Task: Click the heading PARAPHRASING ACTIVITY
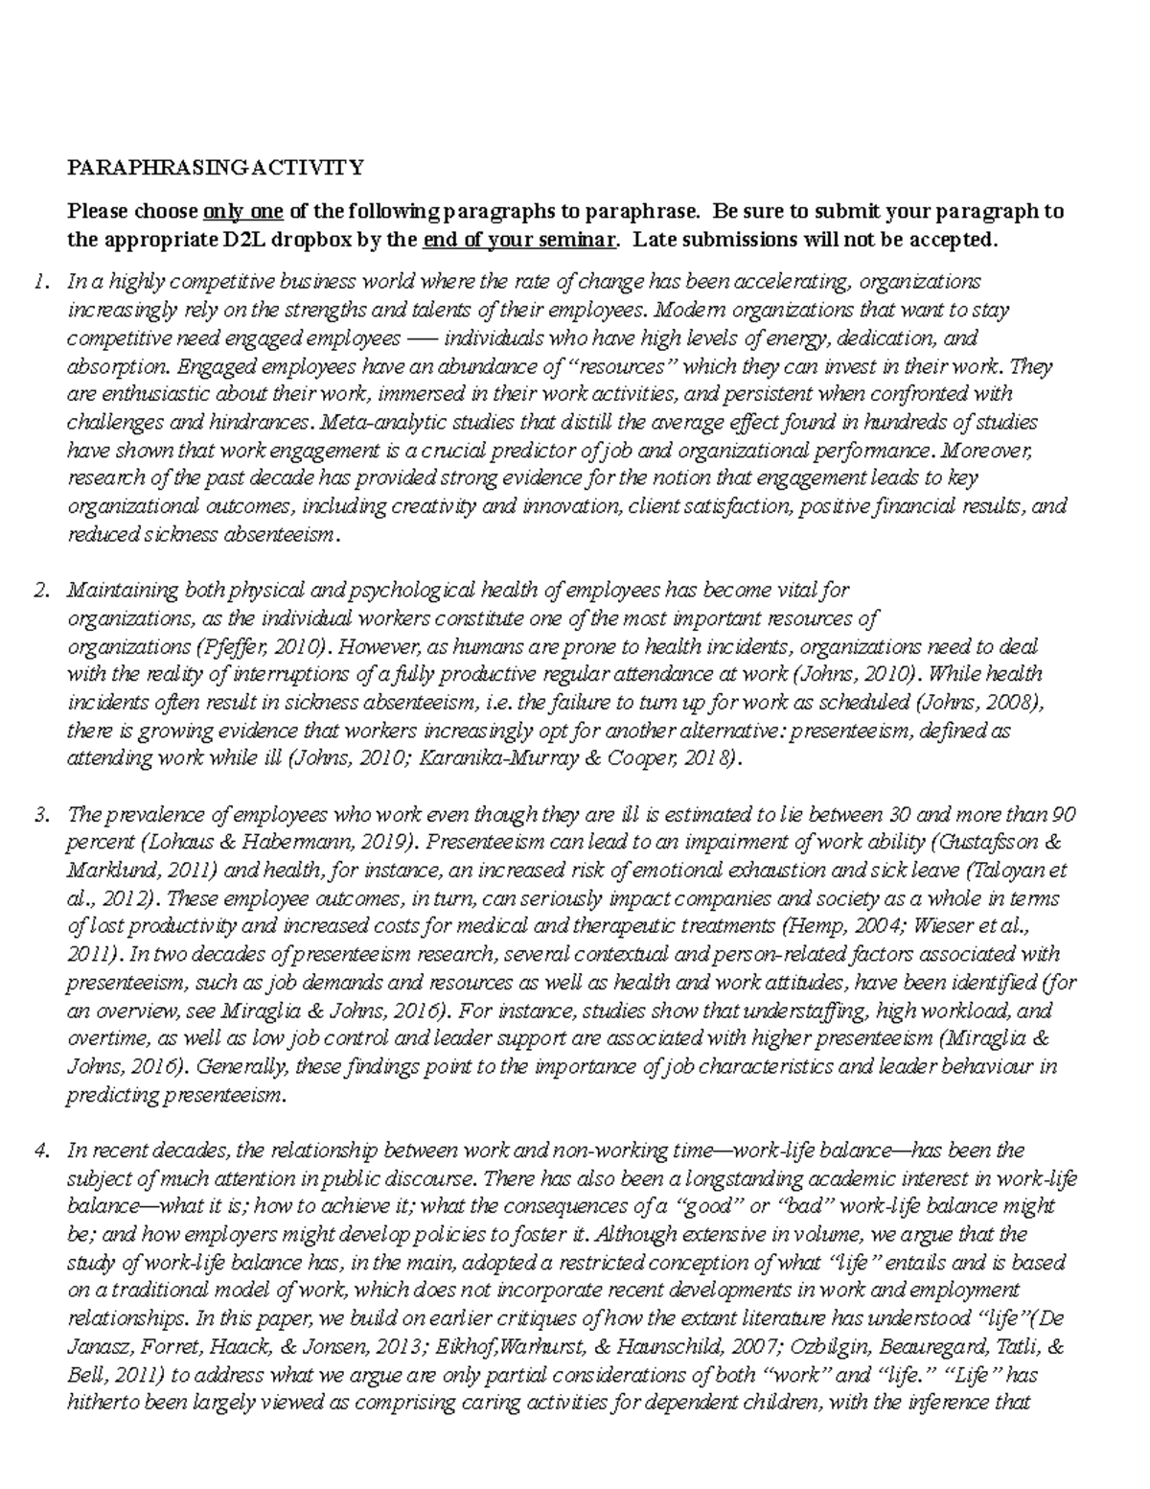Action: coord(215,168)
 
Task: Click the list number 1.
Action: coord(39,282)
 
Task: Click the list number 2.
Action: coord(39,590)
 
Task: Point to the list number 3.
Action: coord(39,815)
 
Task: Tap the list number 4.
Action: coord(39,1150)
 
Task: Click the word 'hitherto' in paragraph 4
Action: coord(104,1403)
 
